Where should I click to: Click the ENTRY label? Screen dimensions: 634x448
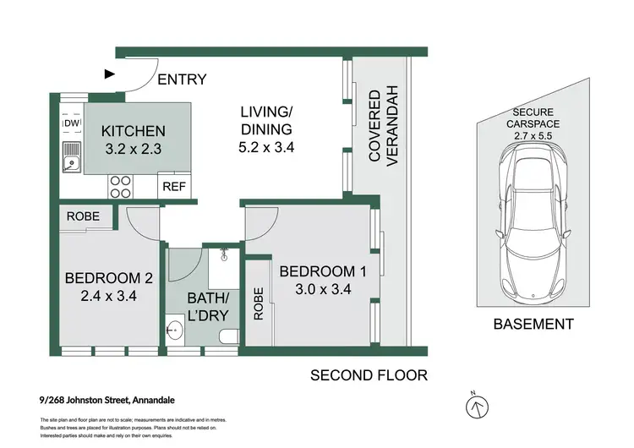click(182, 79)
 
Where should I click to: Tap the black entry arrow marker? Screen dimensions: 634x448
click(109, 74)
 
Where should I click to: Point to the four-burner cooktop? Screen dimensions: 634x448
click(120, 185)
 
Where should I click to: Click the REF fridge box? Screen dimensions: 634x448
click(174, 186)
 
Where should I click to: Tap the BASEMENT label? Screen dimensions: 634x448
click(533, 324)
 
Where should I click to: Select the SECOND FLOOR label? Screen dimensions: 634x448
click(369, 375)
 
